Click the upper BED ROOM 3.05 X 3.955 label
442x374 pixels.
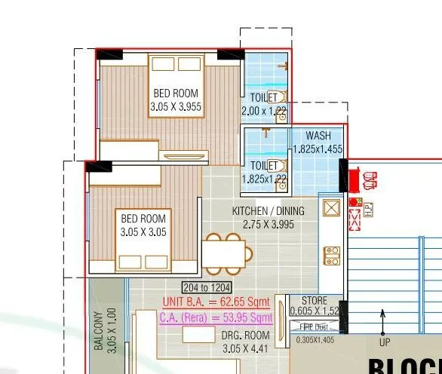coord(176,100)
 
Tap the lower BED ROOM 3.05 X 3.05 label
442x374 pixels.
coord(143,225)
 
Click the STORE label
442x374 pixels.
coord(309,301)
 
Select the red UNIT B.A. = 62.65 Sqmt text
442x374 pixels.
coord(217,302)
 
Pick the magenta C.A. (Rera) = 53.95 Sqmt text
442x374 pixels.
coord(216,317)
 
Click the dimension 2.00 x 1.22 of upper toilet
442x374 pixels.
coord(264,111)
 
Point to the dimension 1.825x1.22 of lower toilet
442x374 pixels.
coord(265,179)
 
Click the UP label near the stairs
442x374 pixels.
coord(382,343)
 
